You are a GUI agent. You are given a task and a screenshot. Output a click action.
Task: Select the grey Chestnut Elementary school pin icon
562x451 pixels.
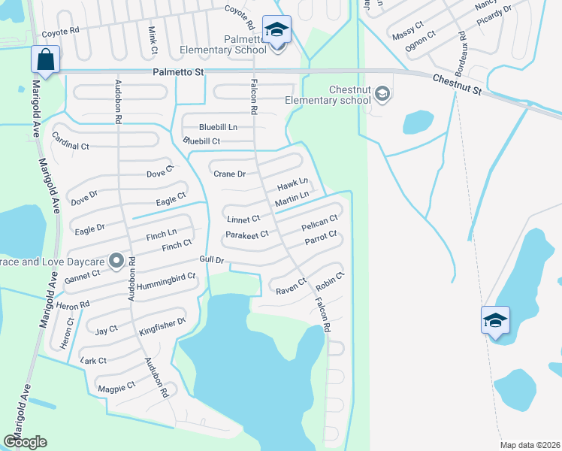tap(382, 94)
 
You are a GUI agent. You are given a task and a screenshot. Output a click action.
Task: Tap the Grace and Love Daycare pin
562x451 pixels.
tap(116, 261)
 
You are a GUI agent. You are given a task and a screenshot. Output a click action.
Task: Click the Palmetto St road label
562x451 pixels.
tap(178, 72)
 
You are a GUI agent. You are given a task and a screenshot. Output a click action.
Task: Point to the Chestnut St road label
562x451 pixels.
tap(456, 84)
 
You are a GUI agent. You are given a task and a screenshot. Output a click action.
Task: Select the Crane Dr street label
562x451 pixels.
tap(230, 174)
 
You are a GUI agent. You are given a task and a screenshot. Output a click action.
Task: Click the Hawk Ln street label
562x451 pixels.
tap(293, 183)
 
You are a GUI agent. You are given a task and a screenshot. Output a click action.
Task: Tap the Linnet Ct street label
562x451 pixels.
tap(243, 219)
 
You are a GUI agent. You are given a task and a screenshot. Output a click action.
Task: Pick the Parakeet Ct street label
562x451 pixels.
tap(247, 235)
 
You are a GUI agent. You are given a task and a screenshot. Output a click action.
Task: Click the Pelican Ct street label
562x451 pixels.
tap(319, 223)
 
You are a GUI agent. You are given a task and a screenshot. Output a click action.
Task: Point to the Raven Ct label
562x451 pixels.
tap(291, 286)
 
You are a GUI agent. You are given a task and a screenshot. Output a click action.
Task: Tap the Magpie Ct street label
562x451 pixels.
tap(116, 386)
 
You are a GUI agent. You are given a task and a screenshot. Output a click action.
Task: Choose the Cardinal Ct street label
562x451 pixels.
tap(71, 140)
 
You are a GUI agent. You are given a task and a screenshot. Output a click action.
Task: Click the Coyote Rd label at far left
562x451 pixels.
tap(60, 33)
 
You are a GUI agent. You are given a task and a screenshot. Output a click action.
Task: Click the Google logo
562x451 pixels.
tap(25, 442)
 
